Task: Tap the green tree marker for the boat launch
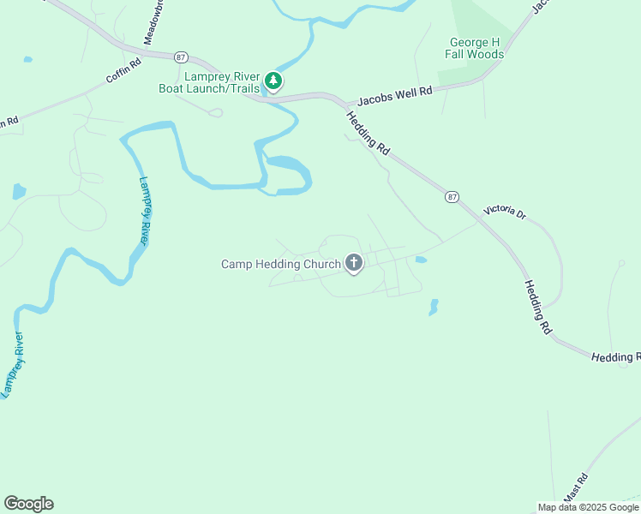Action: point(273,81)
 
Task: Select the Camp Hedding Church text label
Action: point(281,264)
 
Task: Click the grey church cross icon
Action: point(354,263)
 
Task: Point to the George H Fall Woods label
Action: point(474,48)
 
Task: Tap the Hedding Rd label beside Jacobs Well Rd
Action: point(368,133)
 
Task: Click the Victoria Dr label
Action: point(505,211)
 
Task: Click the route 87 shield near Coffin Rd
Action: point(180,57)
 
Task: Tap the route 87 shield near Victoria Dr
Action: point(452,197)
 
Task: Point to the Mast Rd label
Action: point(576,487)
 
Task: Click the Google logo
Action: point(29,503)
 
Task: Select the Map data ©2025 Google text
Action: point(588,507)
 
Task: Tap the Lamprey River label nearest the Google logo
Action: point(12,365)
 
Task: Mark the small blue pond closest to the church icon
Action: point(420,259)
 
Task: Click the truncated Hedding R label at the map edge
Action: point(615,356)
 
